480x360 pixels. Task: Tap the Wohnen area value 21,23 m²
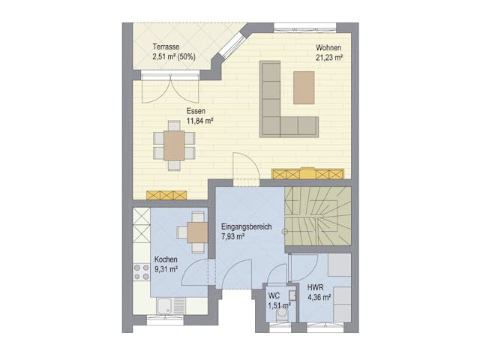coord(329,57)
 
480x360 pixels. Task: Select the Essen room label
coord(196,110)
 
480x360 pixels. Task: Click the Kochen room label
coord(166,259)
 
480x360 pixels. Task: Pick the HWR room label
coord(315,288)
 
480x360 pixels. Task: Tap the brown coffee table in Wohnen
coord(304,86)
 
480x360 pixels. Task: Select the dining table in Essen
coord(174,145)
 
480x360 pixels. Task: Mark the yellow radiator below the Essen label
coord(166,195)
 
